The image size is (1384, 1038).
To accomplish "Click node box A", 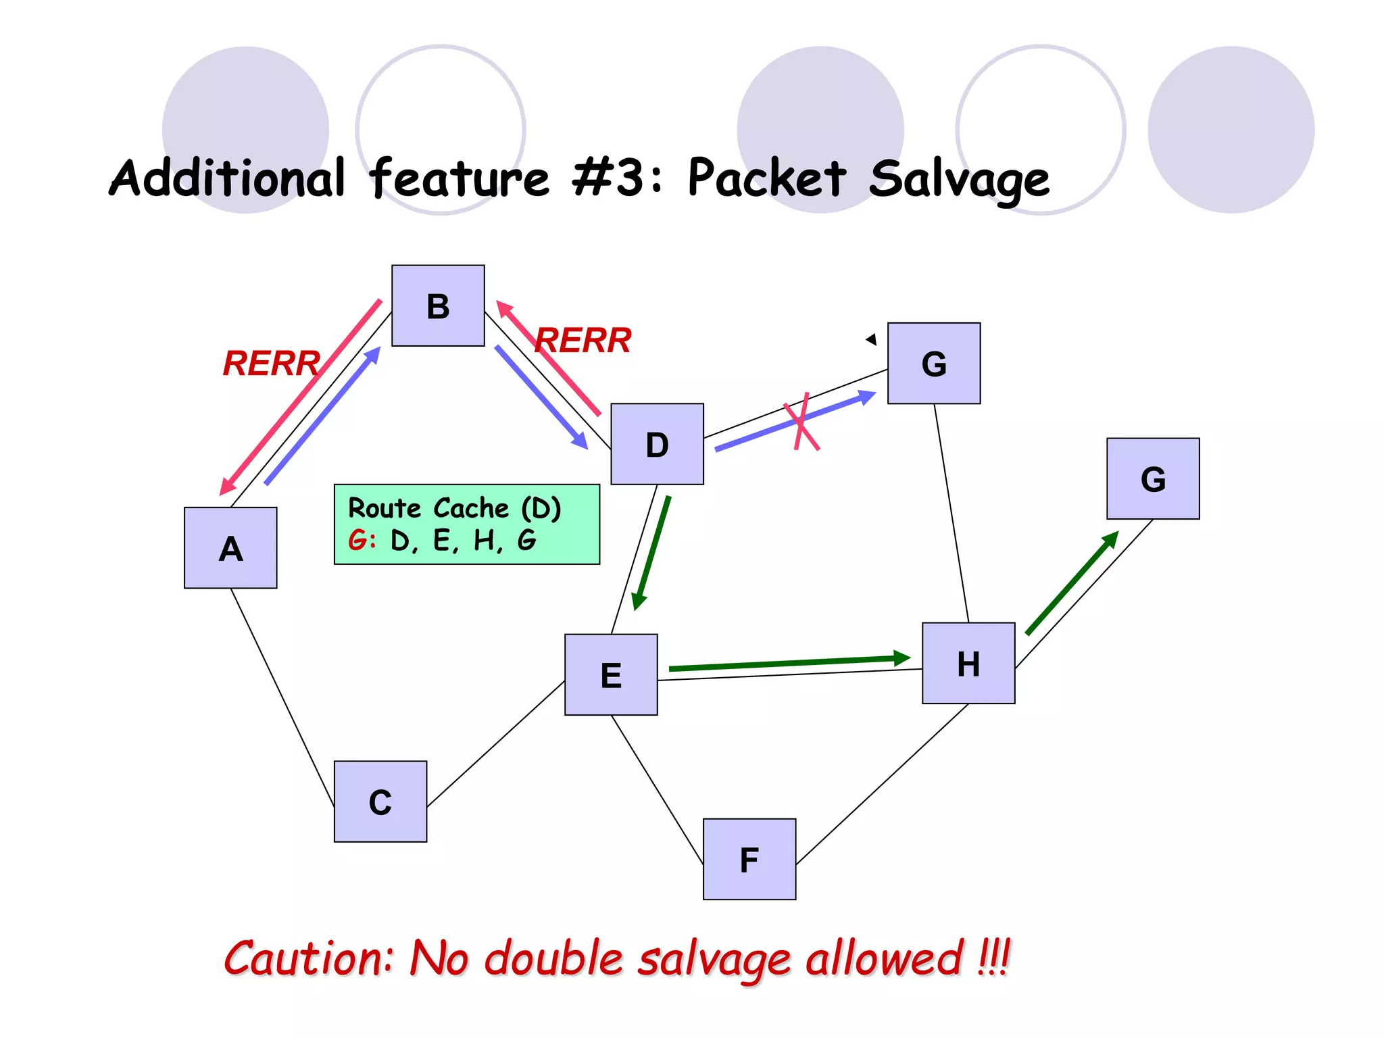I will click(230, 547).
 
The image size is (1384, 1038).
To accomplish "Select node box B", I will click(438, 305).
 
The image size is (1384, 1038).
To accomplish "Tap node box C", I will click(380, 801).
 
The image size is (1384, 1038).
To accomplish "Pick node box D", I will click(657, 444).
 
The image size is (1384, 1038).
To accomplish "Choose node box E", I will click(611, 674).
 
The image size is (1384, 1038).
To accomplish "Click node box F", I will click(749, 859).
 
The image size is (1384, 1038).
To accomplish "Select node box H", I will click(968, 663).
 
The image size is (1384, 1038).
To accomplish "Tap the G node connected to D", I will click(934, 364).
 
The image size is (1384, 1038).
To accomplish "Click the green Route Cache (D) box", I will click(466, 524).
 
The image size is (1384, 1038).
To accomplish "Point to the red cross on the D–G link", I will click(801, 423).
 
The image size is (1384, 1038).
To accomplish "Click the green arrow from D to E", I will click(651, 552).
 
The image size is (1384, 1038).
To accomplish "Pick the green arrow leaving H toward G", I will click(1072, 583).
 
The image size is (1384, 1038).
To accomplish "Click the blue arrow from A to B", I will click(322, 416).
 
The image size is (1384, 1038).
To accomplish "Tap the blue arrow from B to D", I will click(541, 397).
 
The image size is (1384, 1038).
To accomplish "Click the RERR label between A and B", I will click(271, 364).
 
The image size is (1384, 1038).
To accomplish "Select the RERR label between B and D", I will click(584, 340).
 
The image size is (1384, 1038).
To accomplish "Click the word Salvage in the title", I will click(959, 179).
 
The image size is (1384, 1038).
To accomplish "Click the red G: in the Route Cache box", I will click(361, 541).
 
